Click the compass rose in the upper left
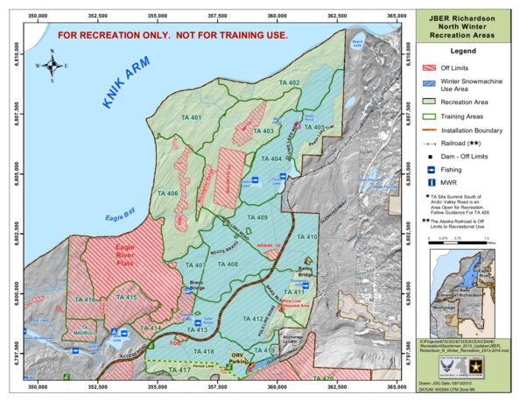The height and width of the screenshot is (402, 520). [52, 65]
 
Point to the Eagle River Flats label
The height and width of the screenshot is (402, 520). [131, 256]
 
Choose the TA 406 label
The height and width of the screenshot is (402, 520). [167, 193]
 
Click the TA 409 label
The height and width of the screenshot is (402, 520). [257, 217]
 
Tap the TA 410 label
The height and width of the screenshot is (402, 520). [307, 237]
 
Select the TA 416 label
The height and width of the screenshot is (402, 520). [84, 300]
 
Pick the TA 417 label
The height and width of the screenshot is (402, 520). [179, 370]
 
